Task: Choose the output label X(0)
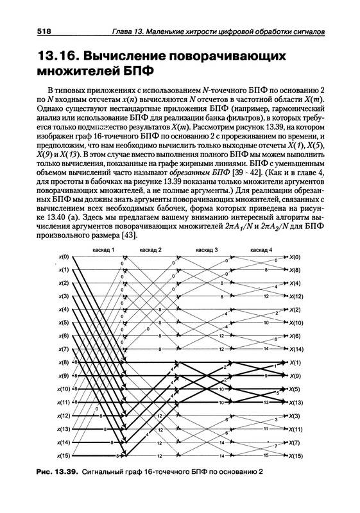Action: click(x=295, y=256)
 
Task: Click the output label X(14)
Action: click(x=296, y=349)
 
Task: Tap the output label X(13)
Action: click(x=296, y=402)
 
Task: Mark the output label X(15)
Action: click(x=296, y=455)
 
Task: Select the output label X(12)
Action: click(x=296, y=296)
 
